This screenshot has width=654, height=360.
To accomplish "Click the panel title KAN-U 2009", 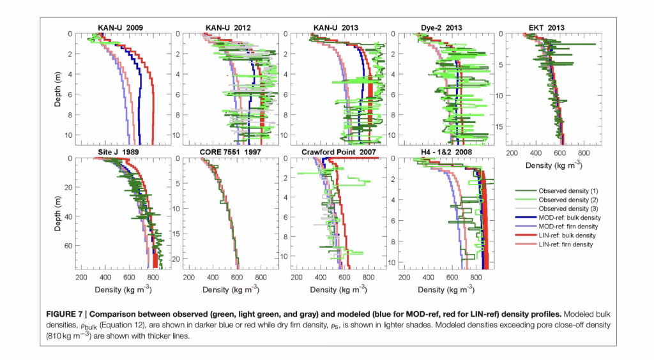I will (x=121, y=27).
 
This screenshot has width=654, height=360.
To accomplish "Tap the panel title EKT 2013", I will (x=546, y=27).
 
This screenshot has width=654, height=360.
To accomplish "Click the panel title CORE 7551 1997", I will (x=228, y=152).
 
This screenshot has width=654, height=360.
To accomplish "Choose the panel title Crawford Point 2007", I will (x=336, y=152).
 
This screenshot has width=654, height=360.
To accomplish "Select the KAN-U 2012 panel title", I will (x=228, y=27).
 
